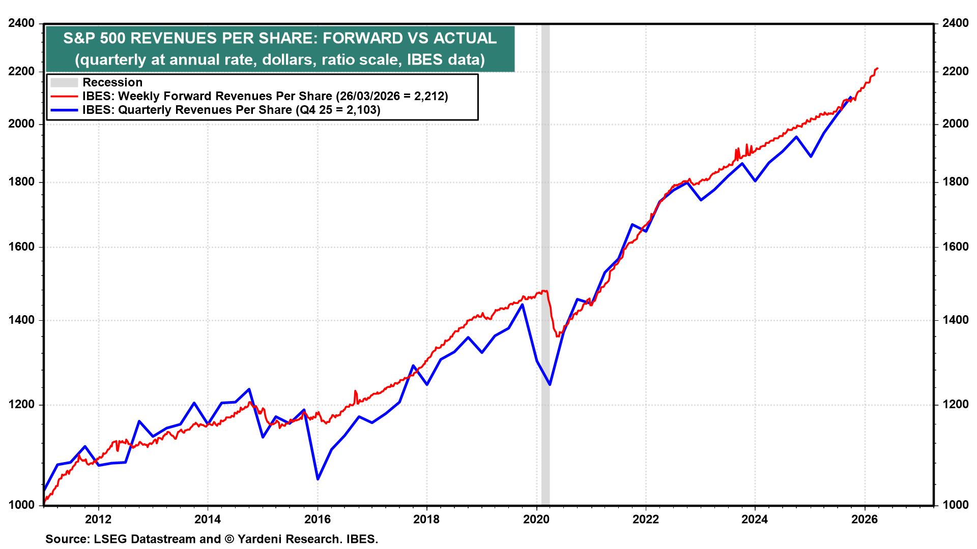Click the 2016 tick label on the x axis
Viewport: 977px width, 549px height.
(317, 520)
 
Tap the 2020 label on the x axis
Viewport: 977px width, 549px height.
(536, 520)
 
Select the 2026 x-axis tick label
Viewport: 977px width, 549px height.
(865, 520)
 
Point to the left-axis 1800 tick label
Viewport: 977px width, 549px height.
(22, 182)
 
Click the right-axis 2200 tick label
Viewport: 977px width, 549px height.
(955, 71)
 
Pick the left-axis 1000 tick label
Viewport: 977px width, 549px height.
(22, 505)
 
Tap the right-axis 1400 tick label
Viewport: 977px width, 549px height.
(955, 320)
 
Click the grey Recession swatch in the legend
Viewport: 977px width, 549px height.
(64, 82)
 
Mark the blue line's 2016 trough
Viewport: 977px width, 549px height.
(318, 479)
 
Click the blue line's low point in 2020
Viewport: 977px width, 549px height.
(550, 384)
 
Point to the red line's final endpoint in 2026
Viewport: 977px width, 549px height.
(877, 68)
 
